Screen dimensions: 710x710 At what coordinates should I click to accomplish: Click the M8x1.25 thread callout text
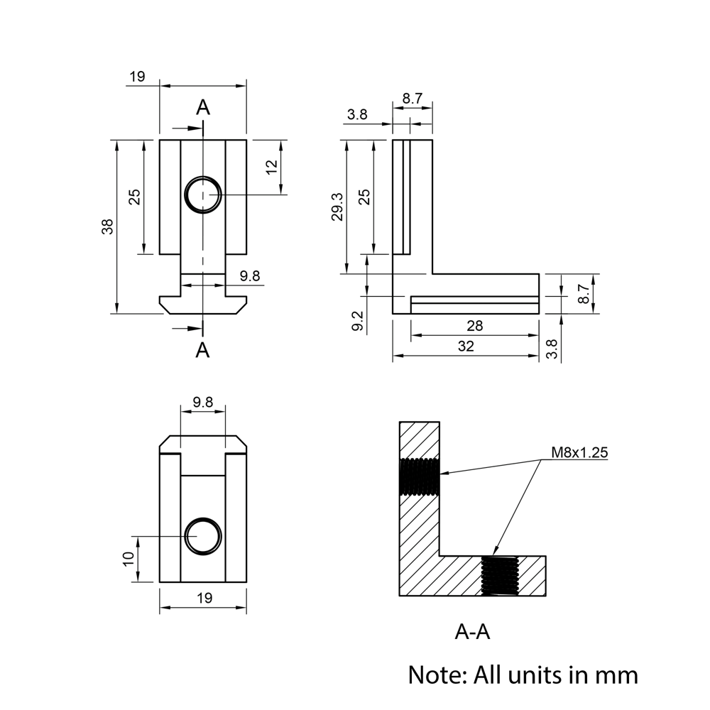coord(579,452)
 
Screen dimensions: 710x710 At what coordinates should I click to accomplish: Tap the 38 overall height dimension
coord(107,226)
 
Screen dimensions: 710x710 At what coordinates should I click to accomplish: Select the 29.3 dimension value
coord(337,207)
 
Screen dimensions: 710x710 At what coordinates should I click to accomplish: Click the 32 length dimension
coord(466,346)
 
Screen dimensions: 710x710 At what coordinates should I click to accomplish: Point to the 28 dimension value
coord(474,326)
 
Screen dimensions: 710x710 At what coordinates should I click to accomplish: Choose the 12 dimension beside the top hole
coord(271,167)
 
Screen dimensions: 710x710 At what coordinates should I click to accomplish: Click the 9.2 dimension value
coord(358,321)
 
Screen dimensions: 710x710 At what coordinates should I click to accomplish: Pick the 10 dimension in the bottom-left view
coord(129,558)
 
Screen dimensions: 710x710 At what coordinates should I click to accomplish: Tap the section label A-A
coord(472,632)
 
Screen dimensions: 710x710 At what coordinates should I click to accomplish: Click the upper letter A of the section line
coord(203,107)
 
